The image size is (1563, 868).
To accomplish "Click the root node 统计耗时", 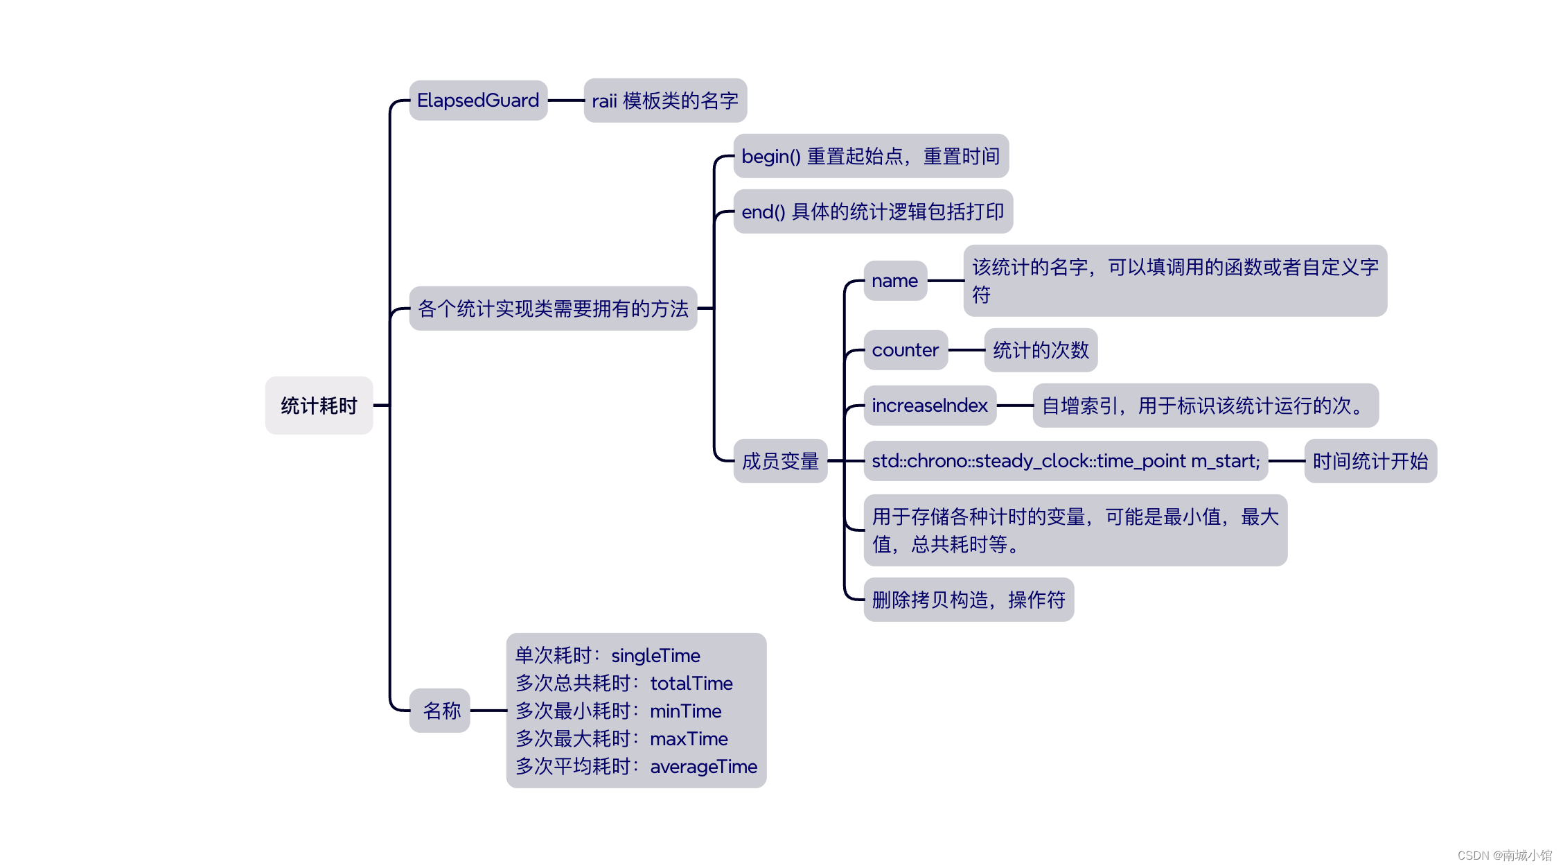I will (319, 406).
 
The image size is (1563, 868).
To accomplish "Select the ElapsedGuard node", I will (478, 101).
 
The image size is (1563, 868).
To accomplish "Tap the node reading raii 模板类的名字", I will (665, 101).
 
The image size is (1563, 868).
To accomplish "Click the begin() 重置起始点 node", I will (870, 156).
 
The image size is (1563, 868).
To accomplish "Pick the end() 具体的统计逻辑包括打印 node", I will (872, 211).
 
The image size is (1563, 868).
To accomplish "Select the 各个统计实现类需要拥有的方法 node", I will (553, 309).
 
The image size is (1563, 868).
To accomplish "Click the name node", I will (894, 281).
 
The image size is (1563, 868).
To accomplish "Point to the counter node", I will (905, 350).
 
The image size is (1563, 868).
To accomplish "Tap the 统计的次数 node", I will (1041, 350).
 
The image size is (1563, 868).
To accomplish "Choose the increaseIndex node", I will (929, 406).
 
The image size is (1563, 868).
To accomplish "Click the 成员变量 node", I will (780, 461).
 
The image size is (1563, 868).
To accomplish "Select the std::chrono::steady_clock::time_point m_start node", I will (1065, 461).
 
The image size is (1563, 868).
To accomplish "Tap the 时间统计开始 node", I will (1370, 461).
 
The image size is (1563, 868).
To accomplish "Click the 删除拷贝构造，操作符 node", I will (968, 600).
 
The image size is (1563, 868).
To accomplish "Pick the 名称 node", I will (441, 711).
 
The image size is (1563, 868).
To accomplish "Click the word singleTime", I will (655, 656).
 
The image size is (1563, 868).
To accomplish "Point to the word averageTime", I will (703, 767).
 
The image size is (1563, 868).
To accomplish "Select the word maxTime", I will (689, 739).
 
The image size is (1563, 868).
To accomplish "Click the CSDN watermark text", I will (1504, 856).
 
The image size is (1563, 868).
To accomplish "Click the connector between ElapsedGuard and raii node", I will (566, 101).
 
